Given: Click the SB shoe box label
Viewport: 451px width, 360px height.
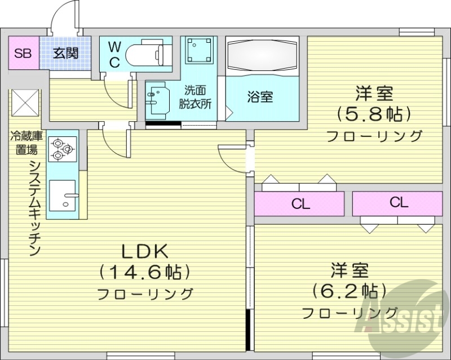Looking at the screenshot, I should [23, 54].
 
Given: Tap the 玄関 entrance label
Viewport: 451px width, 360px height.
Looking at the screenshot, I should [65, 54].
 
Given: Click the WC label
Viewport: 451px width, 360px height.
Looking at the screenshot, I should [114, 55].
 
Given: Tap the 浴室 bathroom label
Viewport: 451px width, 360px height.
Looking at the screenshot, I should [260, 96].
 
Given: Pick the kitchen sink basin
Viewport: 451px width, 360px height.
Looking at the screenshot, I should [64, 194].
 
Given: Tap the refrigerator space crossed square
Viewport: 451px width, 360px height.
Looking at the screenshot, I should [24, 102].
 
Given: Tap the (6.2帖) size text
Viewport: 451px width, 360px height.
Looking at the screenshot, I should [350, 291].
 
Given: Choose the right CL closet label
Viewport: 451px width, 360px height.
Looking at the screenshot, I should [398, 203].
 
